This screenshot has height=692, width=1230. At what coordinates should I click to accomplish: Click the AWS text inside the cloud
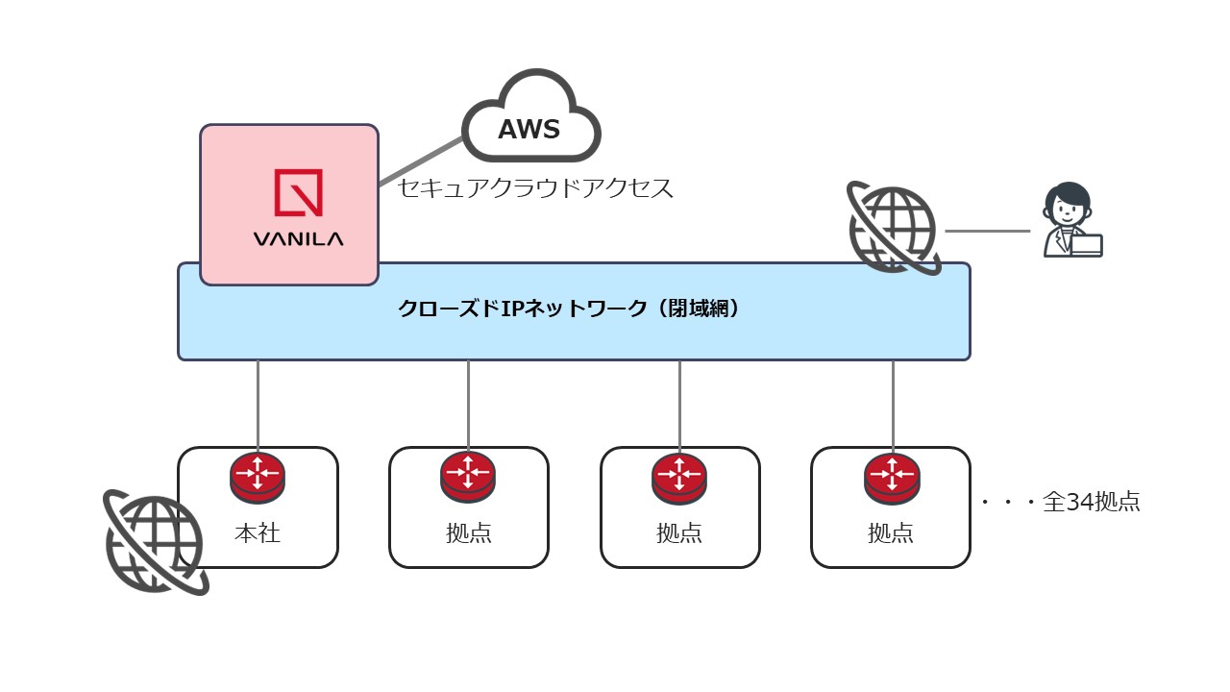(529, 130)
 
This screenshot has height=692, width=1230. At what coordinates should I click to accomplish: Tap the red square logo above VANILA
(298, 192)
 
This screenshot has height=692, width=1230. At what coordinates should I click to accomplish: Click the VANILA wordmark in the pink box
(298, 239)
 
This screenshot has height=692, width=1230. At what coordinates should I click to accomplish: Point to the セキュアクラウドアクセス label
(535, 188)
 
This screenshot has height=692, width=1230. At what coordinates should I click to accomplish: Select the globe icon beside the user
(893, 229)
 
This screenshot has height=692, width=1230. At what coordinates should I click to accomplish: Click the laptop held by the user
(1087, 244)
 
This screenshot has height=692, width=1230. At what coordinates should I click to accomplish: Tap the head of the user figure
(1068, 203)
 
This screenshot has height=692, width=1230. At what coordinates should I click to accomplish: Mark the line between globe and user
(987, 231)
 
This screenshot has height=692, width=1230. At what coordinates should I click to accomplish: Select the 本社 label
(258, 532)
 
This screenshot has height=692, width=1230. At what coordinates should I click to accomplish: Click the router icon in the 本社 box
(258, 475)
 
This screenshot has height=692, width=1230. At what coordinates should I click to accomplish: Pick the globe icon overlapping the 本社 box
(155, 542)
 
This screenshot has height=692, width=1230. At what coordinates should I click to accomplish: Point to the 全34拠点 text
(1091, 502)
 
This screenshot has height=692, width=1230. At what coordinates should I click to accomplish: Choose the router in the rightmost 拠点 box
(892, 476)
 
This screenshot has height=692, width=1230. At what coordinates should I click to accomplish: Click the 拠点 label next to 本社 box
(469, 532)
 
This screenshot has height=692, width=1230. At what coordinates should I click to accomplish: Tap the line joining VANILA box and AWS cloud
(421, 161)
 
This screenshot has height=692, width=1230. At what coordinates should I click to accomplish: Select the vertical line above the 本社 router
(258, 404)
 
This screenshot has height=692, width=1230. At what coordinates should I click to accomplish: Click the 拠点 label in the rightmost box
(891, 532)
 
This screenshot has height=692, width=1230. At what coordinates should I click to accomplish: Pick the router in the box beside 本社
(468, 475)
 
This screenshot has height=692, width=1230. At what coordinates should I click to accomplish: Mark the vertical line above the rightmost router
(893, 404)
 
